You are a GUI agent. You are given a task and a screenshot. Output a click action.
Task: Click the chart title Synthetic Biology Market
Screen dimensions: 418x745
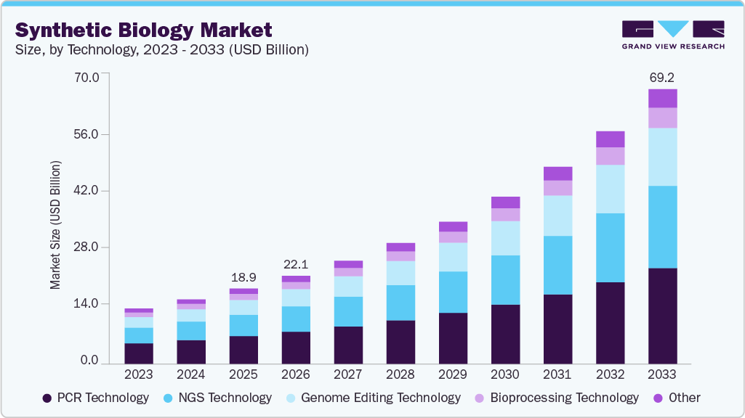(x=144, y=30)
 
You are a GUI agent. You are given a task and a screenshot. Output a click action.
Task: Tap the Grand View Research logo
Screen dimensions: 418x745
(x=672, y=35)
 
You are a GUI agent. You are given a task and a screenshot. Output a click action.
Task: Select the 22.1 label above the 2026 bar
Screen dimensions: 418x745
(x=296, y=263)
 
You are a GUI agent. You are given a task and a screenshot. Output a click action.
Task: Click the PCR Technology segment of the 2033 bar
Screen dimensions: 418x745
(x=662, y=316)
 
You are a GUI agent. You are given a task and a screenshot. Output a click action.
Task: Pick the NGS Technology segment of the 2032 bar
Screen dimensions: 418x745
(x=610, y=247)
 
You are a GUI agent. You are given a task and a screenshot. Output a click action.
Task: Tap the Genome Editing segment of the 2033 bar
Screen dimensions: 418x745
(x=662, y=157)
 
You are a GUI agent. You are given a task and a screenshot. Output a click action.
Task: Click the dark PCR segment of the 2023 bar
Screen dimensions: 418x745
(x=139, y=353)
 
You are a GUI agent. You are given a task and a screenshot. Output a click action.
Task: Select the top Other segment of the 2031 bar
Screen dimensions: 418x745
(x=557, y=173)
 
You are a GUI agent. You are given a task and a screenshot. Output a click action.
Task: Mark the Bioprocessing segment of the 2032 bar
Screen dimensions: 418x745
(x=610, y=156)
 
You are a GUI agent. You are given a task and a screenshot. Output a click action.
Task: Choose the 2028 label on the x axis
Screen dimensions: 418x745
(x=400, y=374)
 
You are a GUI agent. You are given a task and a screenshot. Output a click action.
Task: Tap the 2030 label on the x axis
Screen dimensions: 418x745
(x=505, y=374)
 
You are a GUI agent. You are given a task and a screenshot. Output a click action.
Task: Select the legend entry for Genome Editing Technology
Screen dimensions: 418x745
(x=373, y=398)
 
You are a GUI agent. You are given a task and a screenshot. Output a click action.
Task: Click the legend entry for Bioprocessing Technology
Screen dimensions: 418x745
(x=556, y=398)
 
